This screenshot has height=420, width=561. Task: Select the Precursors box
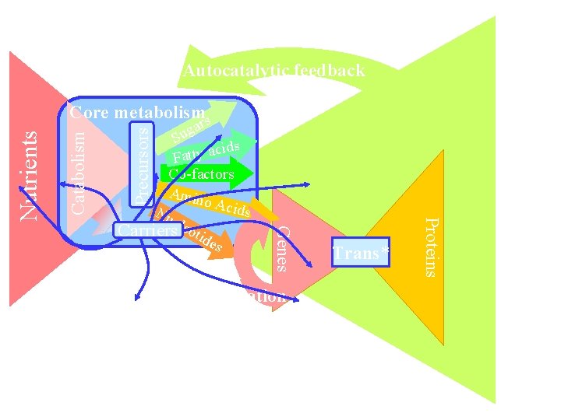tap(140, 166)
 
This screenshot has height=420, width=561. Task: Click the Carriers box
tap(146, 229)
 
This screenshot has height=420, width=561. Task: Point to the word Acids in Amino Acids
tap(234, 208)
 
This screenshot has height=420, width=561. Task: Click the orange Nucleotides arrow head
tap(225, 247)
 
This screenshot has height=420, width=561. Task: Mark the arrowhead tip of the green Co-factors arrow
tap(253, 173)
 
